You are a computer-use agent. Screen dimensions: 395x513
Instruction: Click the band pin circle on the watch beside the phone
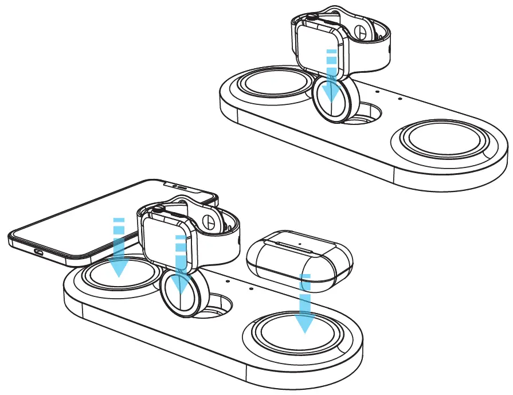tap(210, 220)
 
